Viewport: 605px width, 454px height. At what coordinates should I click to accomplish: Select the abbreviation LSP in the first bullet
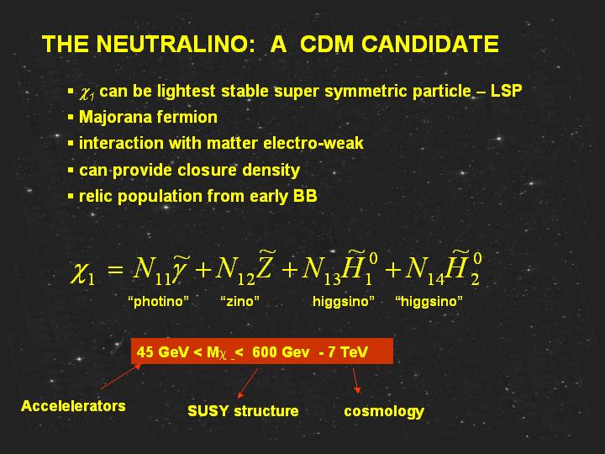point(506,91)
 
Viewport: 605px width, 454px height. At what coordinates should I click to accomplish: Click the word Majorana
point(115,118)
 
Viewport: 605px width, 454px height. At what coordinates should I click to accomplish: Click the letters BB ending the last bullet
point(305,196)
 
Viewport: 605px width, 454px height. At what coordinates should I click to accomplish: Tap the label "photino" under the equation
point(158,301)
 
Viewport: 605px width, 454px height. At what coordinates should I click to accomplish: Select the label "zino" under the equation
point(239,301)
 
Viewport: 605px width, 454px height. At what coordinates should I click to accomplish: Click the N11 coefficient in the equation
point(151,269)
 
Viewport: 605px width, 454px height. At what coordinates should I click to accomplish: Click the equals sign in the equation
point(115,269)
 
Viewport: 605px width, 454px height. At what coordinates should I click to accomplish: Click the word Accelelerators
point(73,406)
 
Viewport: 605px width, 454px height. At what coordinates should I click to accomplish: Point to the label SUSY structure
point(243,411)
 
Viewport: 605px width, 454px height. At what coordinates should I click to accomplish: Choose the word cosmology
point(384,411)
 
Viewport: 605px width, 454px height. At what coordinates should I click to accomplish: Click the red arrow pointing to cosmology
point(356,381)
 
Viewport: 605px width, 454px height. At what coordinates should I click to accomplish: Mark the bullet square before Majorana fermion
point(71,117)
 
